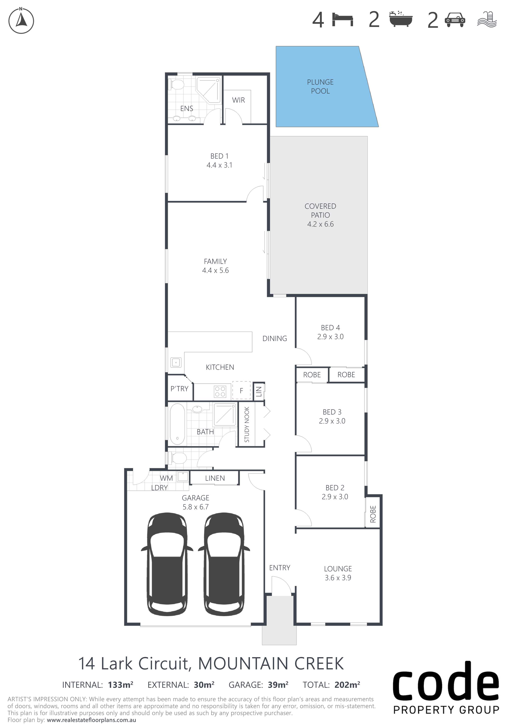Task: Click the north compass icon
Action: click(21, 21)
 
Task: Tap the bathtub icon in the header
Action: click(400, 19)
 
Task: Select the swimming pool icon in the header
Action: click(487, 19)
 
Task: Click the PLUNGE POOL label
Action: click(320, 86)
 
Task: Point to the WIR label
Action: click(238, 100)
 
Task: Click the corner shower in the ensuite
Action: click(208, 90)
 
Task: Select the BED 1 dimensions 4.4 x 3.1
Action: click(219, 165)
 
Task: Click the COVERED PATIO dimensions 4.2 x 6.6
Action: click(320, 224)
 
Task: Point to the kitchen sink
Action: click(176, 362)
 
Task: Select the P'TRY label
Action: click(179, 389)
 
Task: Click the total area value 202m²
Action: click(347, 685)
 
